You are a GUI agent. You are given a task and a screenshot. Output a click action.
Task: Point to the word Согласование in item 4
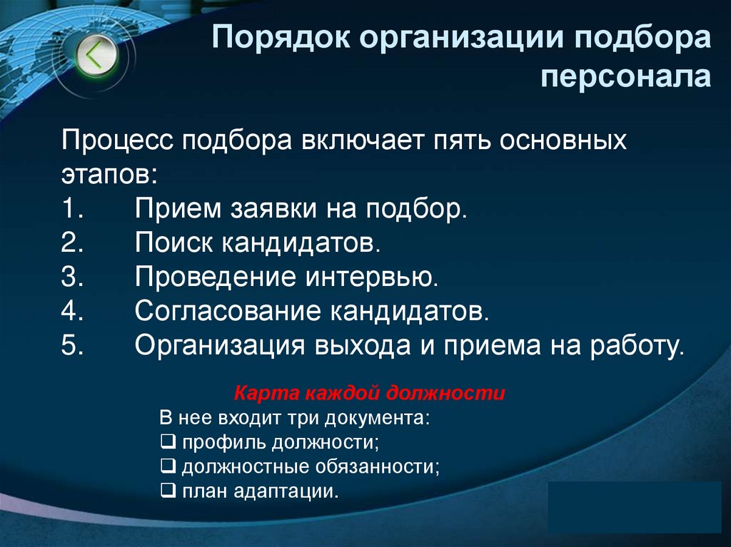click(x=226, y=312)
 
